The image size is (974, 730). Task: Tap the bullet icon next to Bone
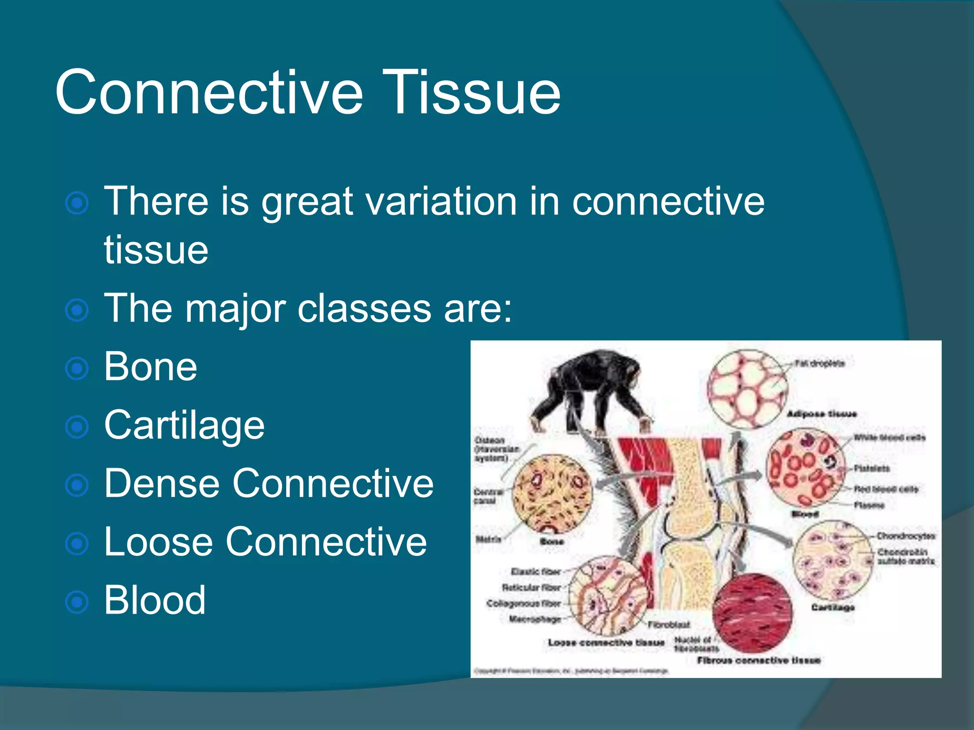point(77,369)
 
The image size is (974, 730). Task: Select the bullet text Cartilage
point(184,425)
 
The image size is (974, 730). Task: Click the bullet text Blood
point(155,600)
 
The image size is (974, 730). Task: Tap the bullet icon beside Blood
point(77,602)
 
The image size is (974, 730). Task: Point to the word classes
point(364,309)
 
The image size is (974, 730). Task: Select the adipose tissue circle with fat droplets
point(747,390)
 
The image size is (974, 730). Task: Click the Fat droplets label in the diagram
point(819,364)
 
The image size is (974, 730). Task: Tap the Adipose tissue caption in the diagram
point(821,414)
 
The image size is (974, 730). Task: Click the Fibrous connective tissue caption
point(759,660)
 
